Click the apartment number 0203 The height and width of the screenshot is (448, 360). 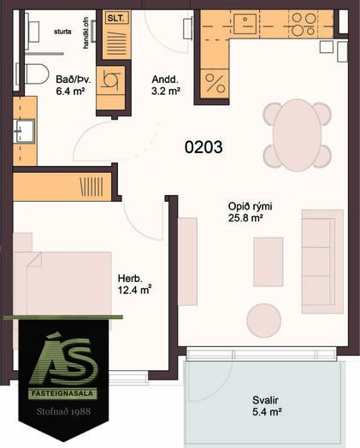[204, 147]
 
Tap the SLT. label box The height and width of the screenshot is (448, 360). [116, 18]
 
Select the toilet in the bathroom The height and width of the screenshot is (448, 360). [37, 74]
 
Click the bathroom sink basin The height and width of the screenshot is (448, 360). [25, 131]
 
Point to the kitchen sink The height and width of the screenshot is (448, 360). [245, 23]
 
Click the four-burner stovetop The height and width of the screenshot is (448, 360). [304, 24]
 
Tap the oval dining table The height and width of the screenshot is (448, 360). [297, 135]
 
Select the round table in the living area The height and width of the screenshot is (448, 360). [264, 321]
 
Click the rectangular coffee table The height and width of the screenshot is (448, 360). [269, 262]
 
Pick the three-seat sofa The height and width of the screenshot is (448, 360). [322, 262]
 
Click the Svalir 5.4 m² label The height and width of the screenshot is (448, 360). [267, 406]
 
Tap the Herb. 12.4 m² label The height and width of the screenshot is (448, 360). [134, 285]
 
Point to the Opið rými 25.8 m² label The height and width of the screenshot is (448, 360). [250, 212]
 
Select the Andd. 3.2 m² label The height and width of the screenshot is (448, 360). [166, 85]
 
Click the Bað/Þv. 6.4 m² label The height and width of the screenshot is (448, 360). [74, 85]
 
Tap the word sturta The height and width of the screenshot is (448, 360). [62, 32]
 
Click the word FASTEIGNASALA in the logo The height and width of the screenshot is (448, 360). [62, 393]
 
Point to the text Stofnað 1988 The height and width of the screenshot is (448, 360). [63, 411]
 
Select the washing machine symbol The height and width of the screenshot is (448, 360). [110, 80]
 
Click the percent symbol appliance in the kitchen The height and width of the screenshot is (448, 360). [215, 83]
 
